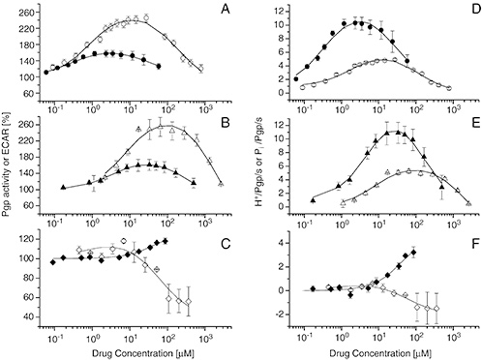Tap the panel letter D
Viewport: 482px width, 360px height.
click(466, 14)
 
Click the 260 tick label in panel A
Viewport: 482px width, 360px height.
click(24, 15)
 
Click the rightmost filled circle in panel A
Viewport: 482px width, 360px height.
click(157, 65)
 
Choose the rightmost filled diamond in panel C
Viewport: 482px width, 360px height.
click(166, 241)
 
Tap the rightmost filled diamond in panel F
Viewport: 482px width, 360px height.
click(414, 253)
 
